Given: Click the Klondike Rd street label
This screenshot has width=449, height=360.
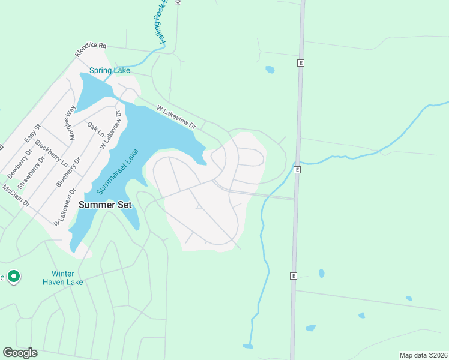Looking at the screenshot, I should [91, 50].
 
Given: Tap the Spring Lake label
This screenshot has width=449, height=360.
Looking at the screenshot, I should [110, 71].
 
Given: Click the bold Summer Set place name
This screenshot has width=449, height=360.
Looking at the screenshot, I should [105, 205].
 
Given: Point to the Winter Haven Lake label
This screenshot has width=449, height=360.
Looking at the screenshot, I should [63, 278].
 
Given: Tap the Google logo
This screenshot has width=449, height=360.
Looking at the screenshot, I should [20, 353].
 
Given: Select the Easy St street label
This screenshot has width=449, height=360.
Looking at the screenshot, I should [32, 134].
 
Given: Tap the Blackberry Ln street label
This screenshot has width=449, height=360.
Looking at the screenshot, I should [50, 153].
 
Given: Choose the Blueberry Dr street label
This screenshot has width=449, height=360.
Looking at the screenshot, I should [68, 173].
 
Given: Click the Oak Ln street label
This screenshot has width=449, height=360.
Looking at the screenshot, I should [95, 131].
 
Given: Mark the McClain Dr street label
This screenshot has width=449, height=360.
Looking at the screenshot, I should [16, 196].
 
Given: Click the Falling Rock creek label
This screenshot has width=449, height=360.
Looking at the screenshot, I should [162, 24].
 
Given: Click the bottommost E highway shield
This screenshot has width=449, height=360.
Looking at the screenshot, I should [294, 276].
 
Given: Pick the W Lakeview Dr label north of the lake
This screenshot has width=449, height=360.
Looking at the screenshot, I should [176, 117].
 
